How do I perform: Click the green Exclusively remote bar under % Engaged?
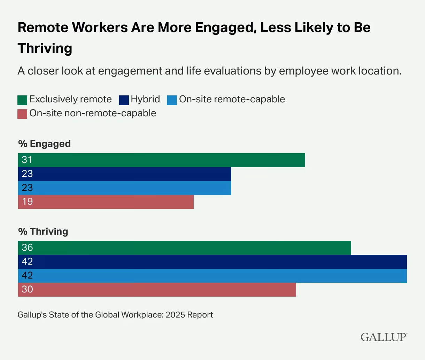[x=162, y=160]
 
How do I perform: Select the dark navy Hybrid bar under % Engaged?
[x=125, y=174]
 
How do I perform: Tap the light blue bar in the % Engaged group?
[x=125, y=188]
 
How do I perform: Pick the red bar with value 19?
[x=106, y=202]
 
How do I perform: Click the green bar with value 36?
[x=185, y=248]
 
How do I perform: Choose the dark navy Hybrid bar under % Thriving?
[x=212, y=262]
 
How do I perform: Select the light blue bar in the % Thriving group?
[x=212, y=276]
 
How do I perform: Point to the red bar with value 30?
[x=157, y=290]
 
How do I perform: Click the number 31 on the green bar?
[x=27, y=160]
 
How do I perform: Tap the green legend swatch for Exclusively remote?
[x=22, y=100]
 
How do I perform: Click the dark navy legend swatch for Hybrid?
[x=124, y=100]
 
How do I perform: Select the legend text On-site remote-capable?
[x=232, y=99]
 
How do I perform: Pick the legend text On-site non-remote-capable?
[x=93, y=113]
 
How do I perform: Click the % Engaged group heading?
[x=44, y=144]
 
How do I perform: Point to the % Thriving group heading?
[x=43, y=232]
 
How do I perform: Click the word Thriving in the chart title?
[x=45, y=48]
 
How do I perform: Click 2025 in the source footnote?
[x=175, y=315]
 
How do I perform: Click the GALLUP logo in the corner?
[x=383, y=337]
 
